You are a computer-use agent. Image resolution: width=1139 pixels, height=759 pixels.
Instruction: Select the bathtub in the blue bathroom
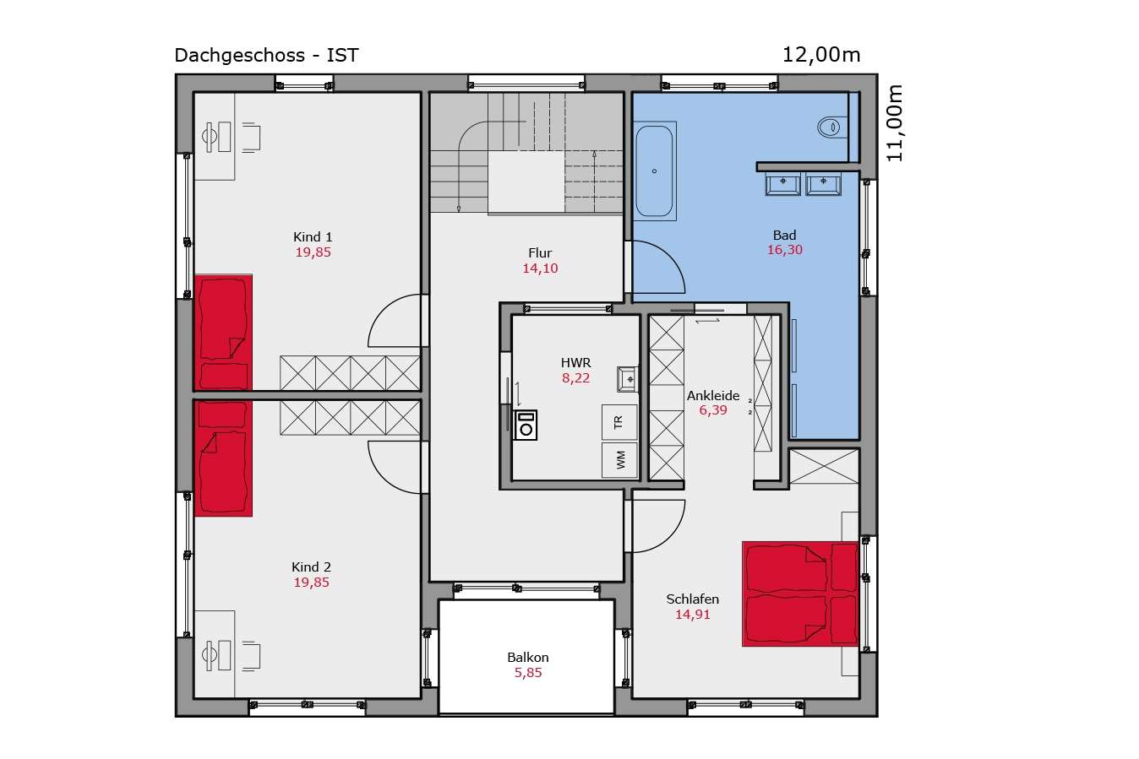click(x=654, y=171)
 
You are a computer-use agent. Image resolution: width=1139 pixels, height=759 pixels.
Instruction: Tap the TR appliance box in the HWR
click(x=619, y=421)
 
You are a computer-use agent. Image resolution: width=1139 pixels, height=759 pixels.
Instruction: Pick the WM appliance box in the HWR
click(x=619, y=460)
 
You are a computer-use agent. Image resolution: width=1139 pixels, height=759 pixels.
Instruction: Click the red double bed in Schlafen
click(x=800, y=594)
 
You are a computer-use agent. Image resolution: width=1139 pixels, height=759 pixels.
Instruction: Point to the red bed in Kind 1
click(x=223, y=333)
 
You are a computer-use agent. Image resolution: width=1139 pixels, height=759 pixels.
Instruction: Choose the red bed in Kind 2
click(x=223, y=458)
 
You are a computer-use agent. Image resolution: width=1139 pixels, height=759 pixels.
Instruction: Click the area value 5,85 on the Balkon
click(x=528, y=673)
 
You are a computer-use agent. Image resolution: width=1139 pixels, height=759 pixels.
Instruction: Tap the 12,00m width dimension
click(x=820, y=55)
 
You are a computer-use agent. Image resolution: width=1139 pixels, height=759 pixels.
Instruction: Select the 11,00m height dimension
click(x=895, y=123)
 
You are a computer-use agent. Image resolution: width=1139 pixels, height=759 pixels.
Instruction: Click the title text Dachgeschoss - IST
click(x=266, y=55)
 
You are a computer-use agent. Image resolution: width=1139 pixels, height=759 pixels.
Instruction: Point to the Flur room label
click(x=540, y=252)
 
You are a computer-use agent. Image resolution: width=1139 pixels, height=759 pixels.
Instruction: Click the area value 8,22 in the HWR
click(x=575, y=378)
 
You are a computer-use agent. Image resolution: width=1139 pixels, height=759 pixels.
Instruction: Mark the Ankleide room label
click(x=713, y=395)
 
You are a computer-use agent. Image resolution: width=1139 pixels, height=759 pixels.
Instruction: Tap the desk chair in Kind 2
click(x=251, y=656)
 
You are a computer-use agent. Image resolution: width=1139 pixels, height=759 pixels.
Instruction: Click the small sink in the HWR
click(x=627, y=379)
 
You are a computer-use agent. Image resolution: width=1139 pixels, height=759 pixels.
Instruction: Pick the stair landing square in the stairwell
click(x=526, y=182)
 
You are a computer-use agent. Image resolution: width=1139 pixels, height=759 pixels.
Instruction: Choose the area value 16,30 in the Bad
click(x=785, y=250)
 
